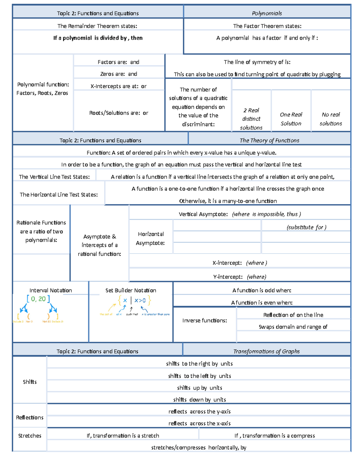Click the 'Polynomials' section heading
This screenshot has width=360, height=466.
[267, 13]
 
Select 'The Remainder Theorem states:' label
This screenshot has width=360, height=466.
[97, 26]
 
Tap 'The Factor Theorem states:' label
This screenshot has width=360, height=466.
[267, 26]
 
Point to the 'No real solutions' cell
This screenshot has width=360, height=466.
[331, 119]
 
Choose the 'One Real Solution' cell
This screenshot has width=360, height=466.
[291, 119]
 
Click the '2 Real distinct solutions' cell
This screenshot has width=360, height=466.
[251, 119]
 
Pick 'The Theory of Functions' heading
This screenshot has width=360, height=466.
[269, 140]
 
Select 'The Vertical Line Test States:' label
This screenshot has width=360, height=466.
[54, 177]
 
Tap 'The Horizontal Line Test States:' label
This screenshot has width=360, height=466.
[59, 194]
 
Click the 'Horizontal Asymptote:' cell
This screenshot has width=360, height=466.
[151, 238]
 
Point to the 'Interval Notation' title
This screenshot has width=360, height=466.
[51, 290]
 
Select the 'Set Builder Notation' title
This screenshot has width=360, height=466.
[131, 290]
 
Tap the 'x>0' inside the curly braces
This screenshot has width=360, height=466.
[140, 300]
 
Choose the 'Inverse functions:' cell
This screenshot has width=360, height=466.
[205, 320]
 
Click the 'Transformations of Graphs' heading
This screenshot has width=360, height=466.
[266, 351]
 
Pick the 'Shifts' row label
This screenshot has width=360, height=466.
[30, 382]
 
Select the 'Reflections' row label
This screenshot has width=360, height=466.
[30, 417]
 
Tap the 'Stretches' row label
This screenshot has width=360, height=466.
[30, 435]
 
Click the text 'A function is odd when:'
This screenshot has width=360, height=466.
[262, 290]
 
